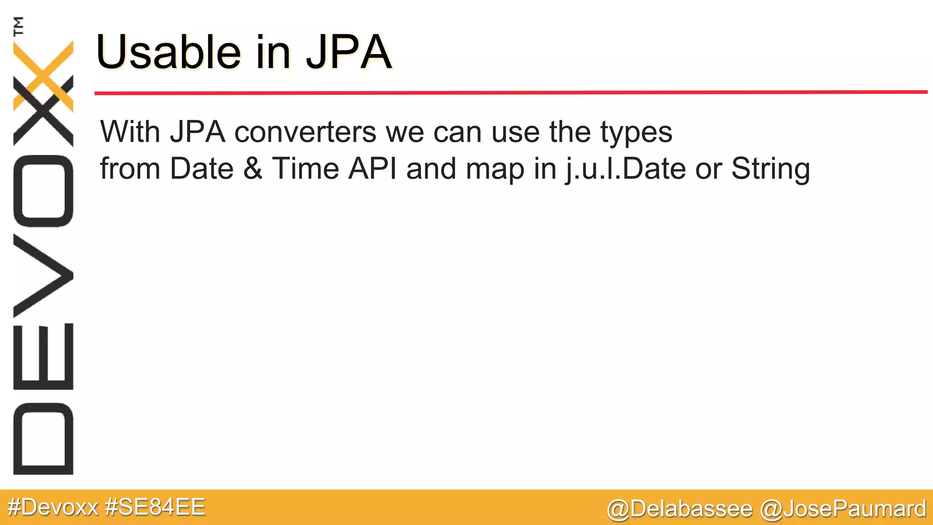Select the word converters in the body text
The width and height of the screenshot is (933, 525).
point(305,133)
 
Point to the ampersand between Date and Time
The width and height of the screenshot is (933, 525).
point(253,169)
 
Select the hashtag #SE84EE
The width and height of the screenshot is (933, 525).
point(155,507)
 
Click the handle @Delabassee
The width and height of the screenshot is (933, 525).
point(679,509)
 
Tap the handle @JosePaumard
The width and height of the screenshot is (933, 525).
point(843,509)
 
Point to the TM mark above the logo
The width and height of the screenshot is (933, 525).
point(19,26)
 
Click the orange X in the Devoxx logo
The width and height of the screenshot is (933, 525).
point(43,75)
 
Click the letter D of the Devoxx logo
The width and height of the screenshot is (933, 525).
point(43,439)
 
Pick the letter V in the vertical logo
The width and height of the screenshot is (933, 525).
point(43,275)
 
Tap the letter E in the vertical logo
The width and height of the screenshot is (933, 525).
point(43,356)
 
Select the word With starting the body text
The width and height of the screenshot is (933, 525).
point(130,133)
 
